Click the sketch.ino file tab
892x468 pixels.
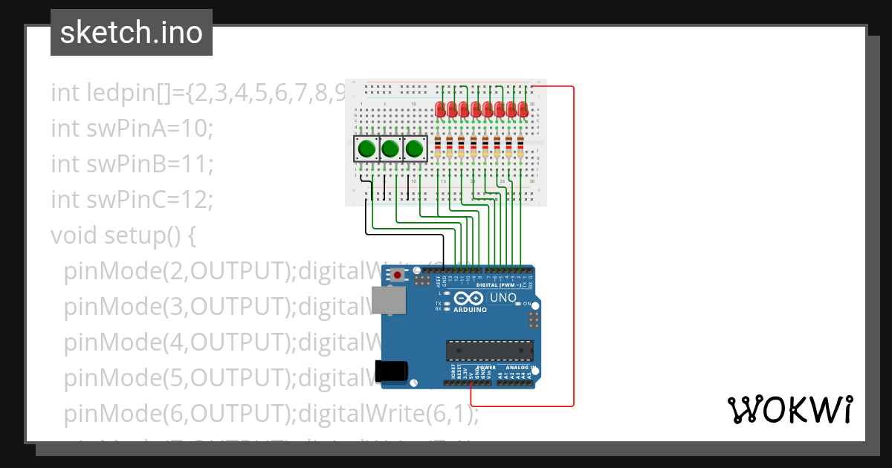click(131, 33)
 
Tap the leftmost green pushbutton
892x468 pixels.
click(366, 149)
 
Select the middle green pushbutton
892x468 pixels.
click(390, 149)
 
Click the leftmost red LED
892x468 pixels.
click(440, 109)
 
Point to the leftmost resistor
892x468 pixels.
click(437, 147)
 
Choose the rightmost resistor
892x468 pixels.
click(520, 147)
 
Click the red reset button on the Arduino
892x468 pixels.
click(398, 276)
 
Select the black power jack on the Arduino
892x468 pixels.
click(392, 370)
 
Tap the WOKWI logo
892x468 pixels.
click(789, 409)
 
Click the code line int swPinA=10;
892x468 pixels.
click(132, 128)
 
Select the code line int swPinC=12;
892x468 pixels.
click(132, 199)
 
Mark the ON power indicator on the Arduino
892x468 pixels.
click(527, 304)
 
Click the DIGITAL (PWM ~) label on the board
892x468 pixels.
click(498, 285)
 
